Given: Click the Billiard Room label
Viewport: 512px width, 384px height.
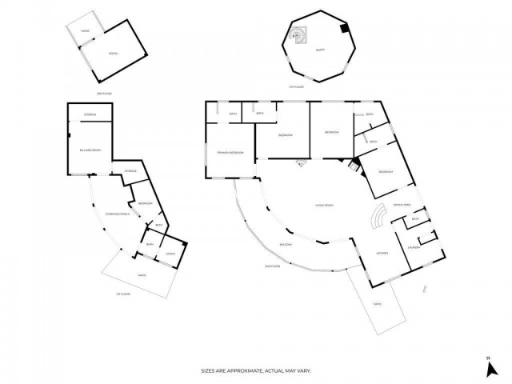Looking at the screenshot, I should point(90,150).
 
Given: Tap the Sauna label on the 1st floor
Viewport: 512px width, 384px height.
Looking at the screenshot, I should point(170,254).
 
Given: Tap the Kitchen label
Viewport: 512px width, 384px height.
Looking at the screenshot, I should point(382,254).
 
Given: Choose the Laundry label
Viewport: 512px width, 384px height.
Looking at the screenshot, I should point(414,247).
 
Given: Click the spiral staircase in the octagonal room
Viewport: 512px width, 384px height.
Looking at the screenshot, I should point(298,34).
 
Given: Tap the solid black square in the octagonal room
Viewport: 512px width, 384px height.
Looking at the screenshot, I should point(343,29).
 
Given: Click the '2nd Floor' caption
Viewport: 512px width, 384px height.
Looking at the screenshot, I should point(272,266).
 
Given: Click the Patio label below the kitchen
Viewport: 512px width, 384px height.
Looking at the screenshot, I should point(378,303).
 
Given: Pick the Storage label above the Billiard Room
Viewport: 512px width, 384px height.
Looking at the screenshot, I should point(90,114).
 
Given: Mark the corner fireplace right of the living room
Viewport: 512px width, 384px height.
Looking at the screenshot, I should point(352,166).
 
